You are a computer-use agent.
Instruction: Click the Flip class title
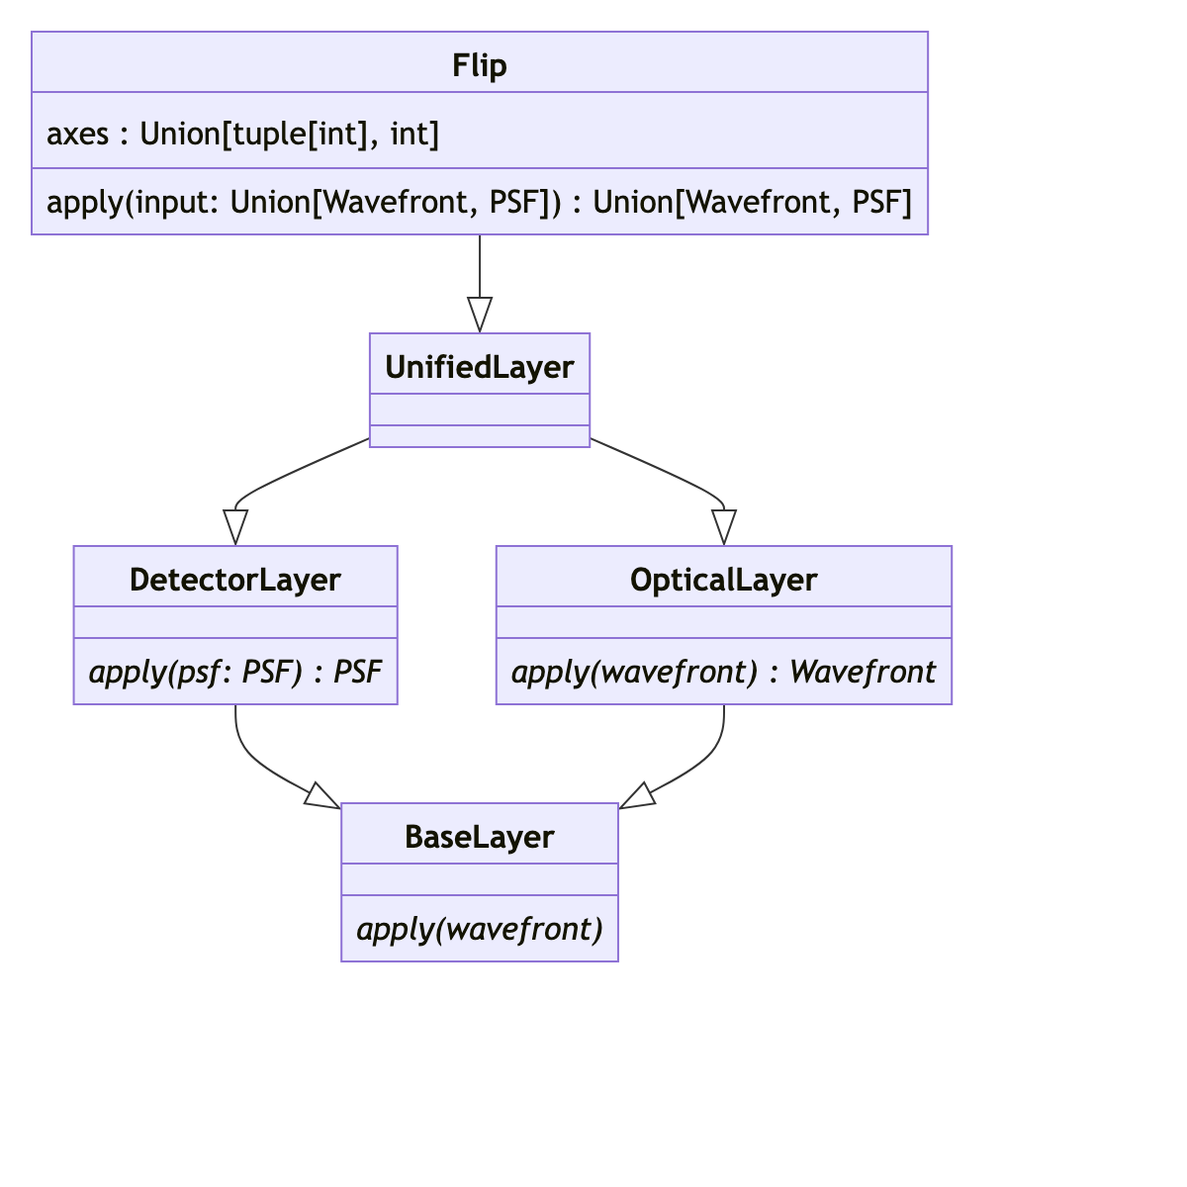[480, 65]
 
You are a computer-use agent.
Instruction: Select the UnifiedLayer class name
[480, 367]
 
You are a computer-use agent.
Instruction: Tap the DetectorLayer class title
[235, 580]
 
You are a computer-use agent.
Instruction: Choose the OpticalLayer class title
[724, 580]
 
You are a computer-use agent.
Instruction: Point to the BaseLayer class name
[480, 837]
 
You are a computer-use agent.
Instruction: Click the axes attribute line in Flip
[243, 133]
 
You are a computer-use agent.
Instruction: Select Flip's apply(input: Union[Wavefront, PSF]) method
[480, 202]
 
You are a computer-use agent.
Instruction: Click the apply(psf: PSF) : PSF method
[235, 672]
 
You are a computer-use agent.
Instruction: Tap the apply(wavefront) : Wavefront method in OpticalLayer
[724, 672]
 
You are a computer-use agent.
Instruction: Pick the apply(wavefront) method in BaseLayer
[480, 929]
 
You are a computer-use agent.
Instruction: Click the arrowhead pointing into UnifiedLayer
[480, 316]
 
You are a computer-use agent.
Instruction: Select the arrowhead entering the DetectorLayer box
[235, 527]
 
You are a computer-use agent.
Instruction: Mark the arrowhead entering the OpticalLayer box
[724, 527]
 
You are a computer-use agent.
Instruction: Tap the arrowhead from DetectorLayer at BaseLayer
[321, 796]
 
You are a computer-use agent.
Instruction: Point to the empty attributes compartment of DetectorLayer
[235, 622]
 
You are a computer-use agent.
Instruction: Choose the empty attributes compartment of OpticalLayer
[724, 622]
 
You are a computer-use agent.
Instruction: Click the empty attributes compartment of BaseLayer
[480, 879]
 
